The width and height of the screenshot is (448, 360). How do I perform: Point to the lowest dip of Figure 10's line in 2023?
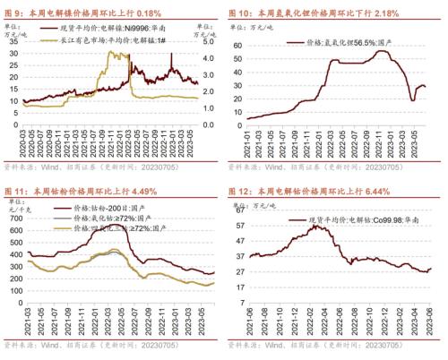tap(413, 99)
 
